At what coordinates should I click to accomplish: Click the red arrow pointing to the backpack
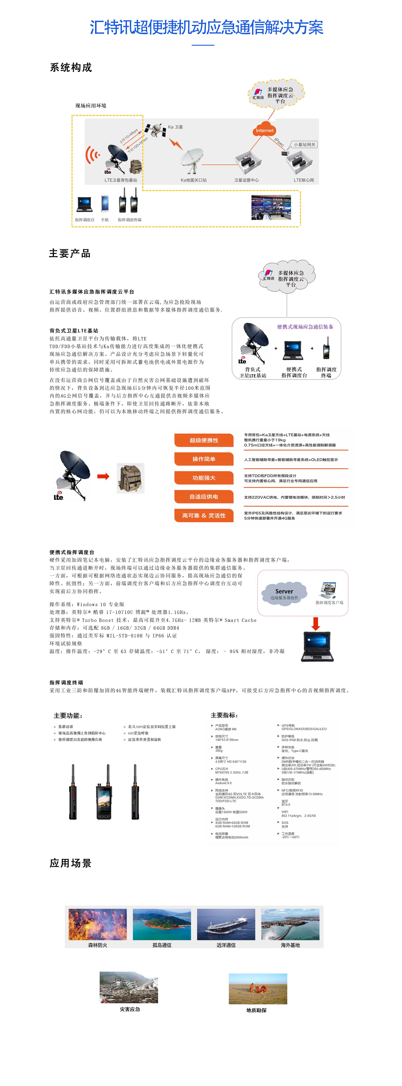point(103,476)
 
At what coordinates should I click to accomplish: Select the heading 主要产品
point(70,253)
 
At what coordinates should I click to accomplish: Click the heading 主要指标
point(224,715)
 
